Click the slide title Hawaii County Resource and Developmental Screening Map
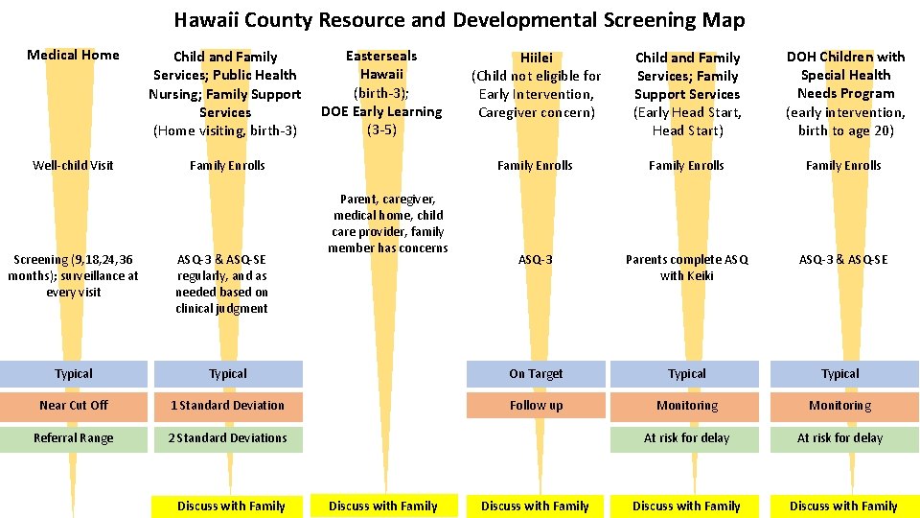459,20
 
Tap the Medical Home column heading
74,55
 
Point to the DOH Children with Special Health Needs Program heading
845,93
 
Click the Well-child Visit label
74,165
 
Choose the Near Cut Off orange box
74,406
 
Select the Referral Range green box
74,438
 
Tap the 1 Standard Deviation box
228,406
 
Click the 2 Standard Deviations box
228,438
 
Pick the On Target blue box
536,374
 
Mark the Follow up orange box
536,406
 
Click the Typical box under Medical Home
74,374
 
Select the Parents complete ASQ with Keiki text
687,268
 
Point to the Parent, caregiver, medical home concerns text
387,224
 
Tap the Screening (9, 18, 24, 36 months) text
74,275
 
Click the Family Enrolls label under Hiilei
536,166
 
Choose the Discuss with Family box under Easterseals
382,506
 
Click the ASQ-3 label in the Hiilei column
536,260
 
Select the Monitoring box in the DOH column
840,406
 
